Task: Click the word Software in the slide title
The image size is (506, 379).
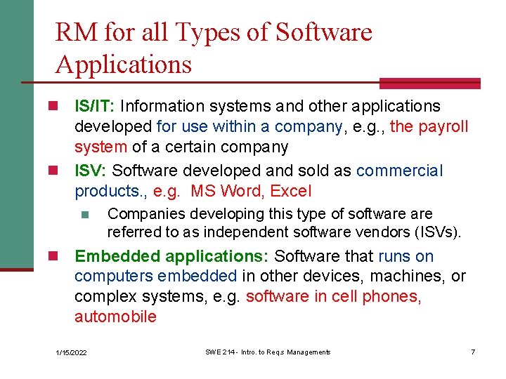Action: coord(324,32)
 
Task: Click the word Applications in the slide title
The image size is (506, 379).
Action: coord(123,65)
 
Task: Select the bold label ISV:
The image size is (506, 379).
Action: coord(91,171)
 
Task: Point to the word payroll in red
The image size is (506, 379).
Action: coord(443,127)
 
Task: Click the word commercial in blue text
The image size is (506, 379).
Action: coord(400,171)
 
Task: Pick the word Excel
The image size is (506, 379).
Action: coord(291,191)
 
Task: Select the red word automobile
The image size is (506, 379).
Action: coord(115,317)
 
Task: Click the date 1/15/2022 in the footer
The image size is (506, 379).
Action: coord(71,352)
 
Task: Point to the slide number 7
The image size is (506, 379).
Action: coord(473,352)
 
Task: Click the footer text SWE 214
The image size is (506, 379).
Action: coord(219,352)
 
